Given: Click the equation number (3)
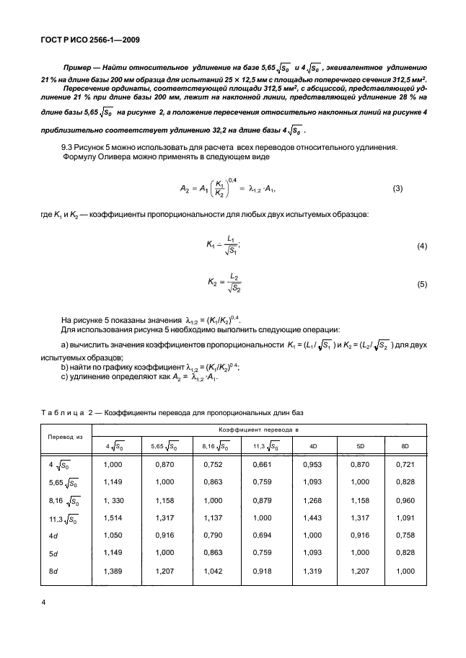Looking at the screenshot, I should [x=397, y=189].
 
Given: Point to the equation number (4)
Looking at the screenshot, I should [x=423, y=247].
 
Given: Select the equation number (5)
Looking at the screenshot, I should [x=423, y=285].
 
